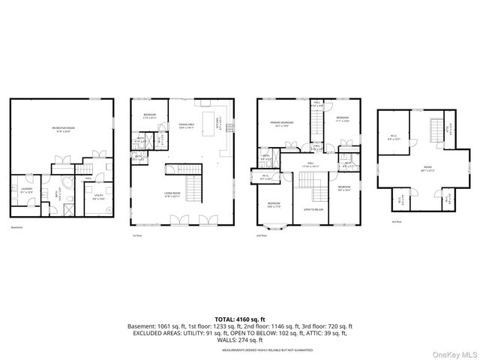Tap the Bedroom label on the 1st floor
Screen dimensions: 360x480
(149, 115)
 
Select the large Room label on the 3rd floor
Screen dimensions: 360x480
(427, 169)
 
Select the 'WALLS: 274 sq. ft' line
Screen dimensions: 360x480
(239, 340)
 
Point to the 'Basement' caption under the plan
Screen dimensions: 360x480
(16, 226)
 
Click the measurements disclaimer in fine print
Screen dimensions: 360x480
(239, 347)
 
